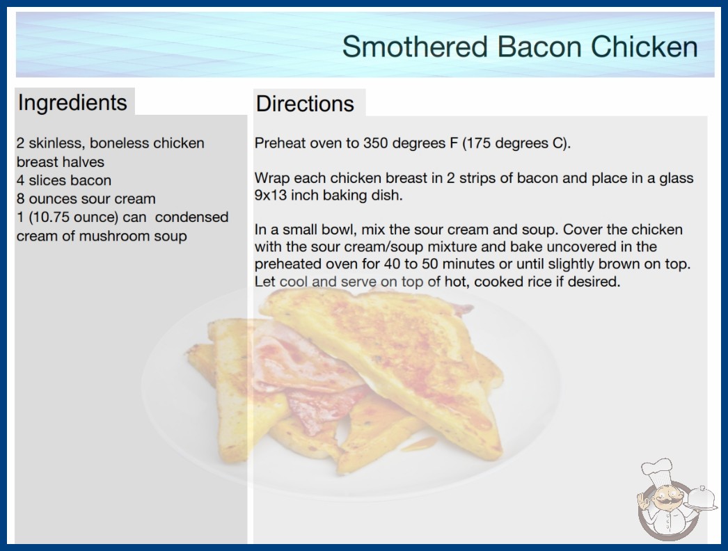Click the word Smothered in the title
coord(415,47)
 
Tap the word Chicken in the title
coord(644,47)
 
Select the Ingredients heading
coord(72,103)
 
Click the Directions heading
coord(305,104)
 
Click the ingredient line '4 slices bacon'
coord(64,180)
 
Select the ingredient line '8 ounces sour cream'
coord(86,199)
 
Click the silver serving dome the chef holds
coord(701,498)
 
